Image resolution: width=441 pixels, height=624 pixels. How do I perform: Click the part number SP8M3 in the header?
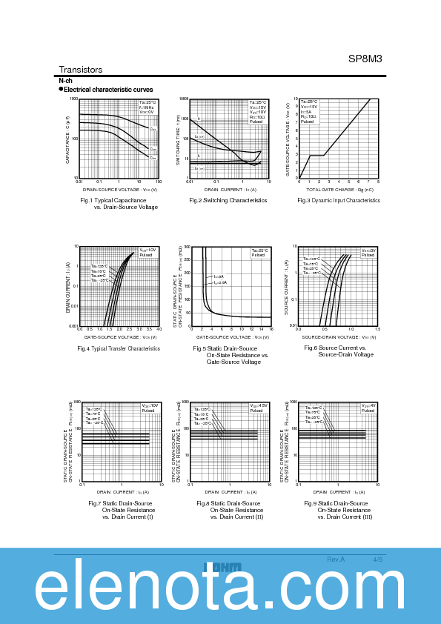(365, 59)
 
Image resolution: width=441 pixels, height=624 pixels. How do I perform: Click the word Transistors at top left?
(81, 70)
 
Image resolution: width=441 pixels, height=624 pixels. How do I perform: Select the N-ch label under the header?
(65, 80)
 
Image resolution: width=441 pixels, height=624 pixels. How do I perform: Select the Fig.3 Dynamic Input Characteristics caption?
(339, 200)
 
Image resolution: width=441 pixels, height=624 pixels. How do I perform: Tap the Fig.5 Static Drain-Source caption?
(225, 348)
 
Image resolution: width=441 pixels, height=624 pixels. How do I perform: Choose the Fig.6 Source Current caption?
(335, 348)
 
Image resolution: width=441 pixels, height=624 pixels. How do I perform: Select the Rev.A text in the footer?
(336, 559)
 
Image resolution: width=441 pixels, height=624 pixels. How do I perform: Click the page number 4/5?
(378, 559)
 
